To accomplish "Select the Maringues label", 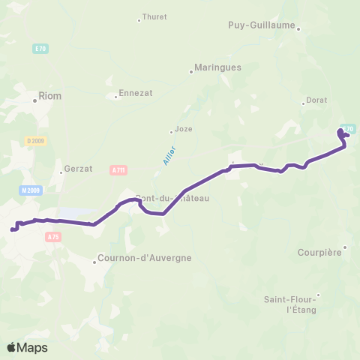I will coord(217,67).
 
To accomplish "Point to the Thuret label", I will coord(154,17).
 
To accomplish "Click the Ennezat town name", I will coord(134,94).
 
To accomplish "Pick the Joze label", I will coord(183,128).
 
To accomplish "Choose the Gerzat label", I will coord(78,169).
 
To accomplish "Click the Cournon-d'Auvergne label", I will coord(145,258).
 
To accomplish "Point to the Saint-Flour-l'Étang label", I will coord(291,304).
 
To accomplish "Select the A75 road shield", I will coord(52,237).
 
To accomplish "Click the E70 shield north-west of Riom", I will coord(40,49).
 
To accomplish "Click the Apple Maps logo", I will coord(27,347).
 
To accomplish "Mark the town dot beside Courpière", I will coord(345,247).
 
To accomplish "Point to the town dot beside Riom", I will coord(34,97).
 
